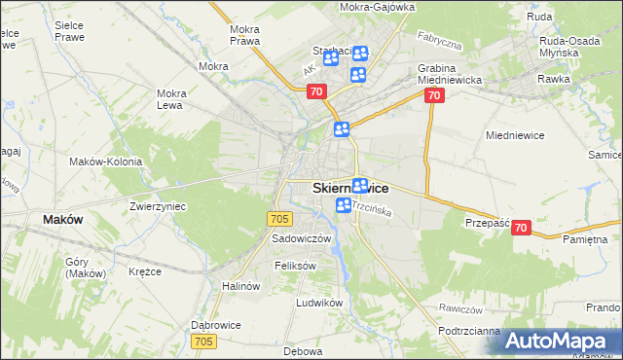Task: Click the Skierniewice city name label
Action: click(x=350, y=187)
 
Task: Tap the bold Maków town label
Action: click(x=62, y=220)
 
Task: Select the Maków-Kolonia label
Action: click(x=106, y=162)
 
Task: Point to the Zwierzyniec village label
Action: click(x=158, y=206)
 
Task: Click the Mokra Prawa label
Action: click(x=243, y=35)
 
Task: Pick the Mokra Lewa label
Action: click(x=171, y=99)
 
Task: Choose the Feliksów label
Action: click(x=296, y=266)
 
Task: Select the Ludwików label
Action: click(x=320, y=303)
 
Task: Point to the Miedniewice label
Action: click(x=514, y=137)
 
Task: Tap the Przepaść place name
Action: click(x=487, y=222)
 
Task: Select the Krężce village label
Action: click(x=144, y=271)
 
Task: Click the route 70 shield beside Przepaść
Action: click(x=520, y=228)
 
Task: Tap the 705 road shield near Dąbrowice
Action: click(x=203, y=342)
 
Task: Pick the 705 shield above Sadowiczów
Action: click(x=279, y=220)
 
